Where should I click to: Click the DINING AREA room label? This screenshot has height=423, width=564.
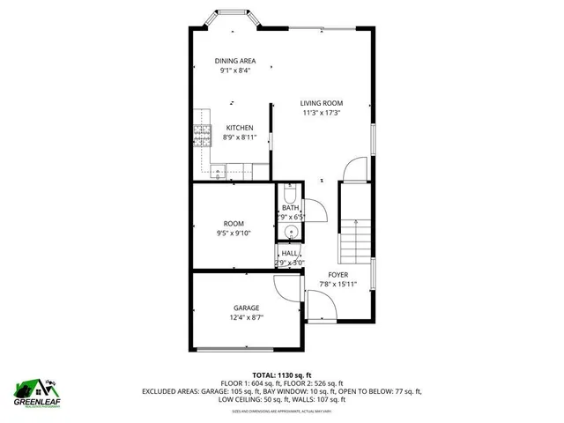pos(235,61)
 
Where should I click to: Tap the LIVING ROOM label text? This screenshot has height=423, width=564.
pos(321,103)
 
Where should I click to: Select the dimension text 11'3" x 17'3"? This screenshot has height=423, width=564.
pos(321,113)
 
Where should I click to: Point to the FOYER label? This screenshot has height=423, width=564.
pos(338,275)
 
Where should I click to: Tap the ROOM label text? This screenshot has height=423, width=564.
pos(234,224)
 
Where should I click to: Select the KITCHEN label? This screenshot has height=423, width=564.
pos(239,128)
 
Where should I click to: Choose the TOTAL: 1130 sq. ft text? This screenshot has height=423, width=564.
pos(282,375)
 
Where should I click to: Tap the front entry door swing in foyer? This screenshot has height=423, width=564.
pos(352,167)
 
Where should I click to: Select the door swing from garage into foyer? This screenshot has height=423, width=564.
pos(287,286)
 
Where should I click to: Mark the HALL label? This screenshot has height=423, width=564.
pos(289,253)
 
